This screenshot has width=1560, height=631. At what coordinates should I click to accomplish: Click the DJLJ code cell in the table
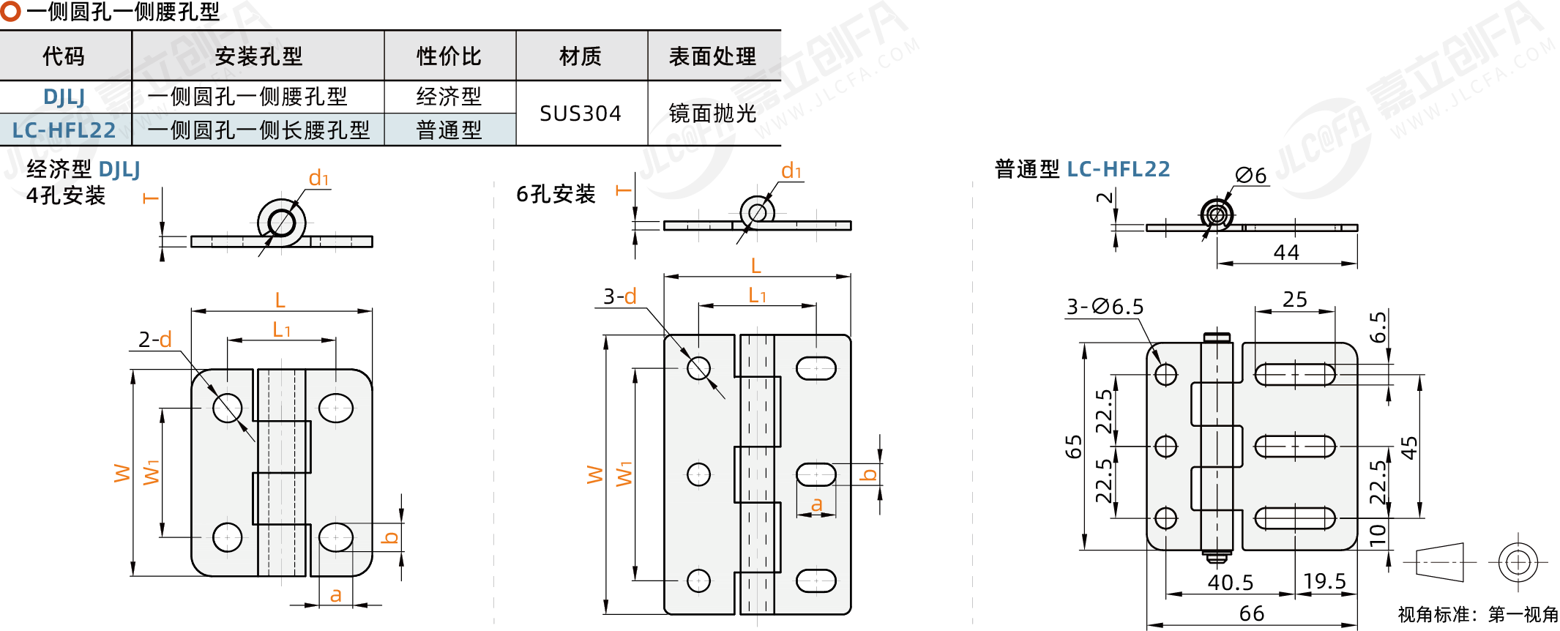pos(64,97)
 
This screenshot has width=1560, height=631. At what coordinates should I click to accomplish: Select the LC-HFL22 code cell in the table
pos(64,130)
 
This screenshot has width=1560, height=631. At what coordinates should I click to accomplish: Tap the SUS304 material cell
pos(581,113)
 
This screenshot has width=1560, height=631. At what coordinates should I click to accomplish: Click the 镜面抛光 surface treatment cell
pos(713,113)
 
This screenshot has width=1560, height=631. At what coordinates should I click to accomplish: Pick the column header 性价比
pos(449,56)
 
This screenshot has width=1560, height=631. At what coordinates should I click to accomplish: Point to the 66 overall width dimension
pos(1252,613)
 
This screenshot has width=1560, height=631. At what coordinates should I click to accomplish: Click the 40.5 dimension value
pos(1231,583)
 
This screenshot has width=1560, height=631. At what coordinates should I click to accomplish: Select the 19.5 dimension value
pos(1325,581)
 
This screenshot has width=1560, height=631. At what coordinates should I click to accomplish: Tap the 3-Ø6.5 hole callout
pos(1105,307)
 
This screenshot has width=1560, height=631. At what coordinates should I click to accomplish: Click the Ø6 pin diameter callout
pos(1251,176)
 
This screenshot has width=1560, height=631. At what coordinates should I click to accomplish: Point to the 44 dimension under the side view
pos(1286,253)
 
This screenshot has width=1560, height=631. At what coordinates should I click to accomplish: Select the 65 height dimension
pos(1074,447)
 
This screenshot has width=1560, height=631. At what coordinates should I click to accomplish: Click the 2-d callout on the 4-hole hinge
pos(155,340)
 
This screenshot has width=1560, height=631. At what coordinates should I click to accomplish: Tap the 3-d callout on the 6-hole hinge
pos(620,296)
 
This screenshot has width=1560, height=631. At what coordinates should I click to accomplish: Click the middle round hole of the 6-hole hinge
pos(699,474)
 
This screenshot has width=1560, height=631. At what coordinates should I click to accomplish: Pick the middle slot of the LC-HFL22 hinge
pos(1295,447)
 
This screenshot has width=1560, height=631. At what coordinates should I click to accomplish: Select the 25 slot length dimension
pos(1295,299)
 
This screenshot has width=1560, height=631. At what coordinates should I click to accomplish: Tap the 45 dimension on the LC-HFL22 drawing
pos(1409,447)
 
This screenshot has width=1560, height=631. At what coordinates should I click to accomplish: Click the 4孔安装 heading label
pos(66,195)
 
